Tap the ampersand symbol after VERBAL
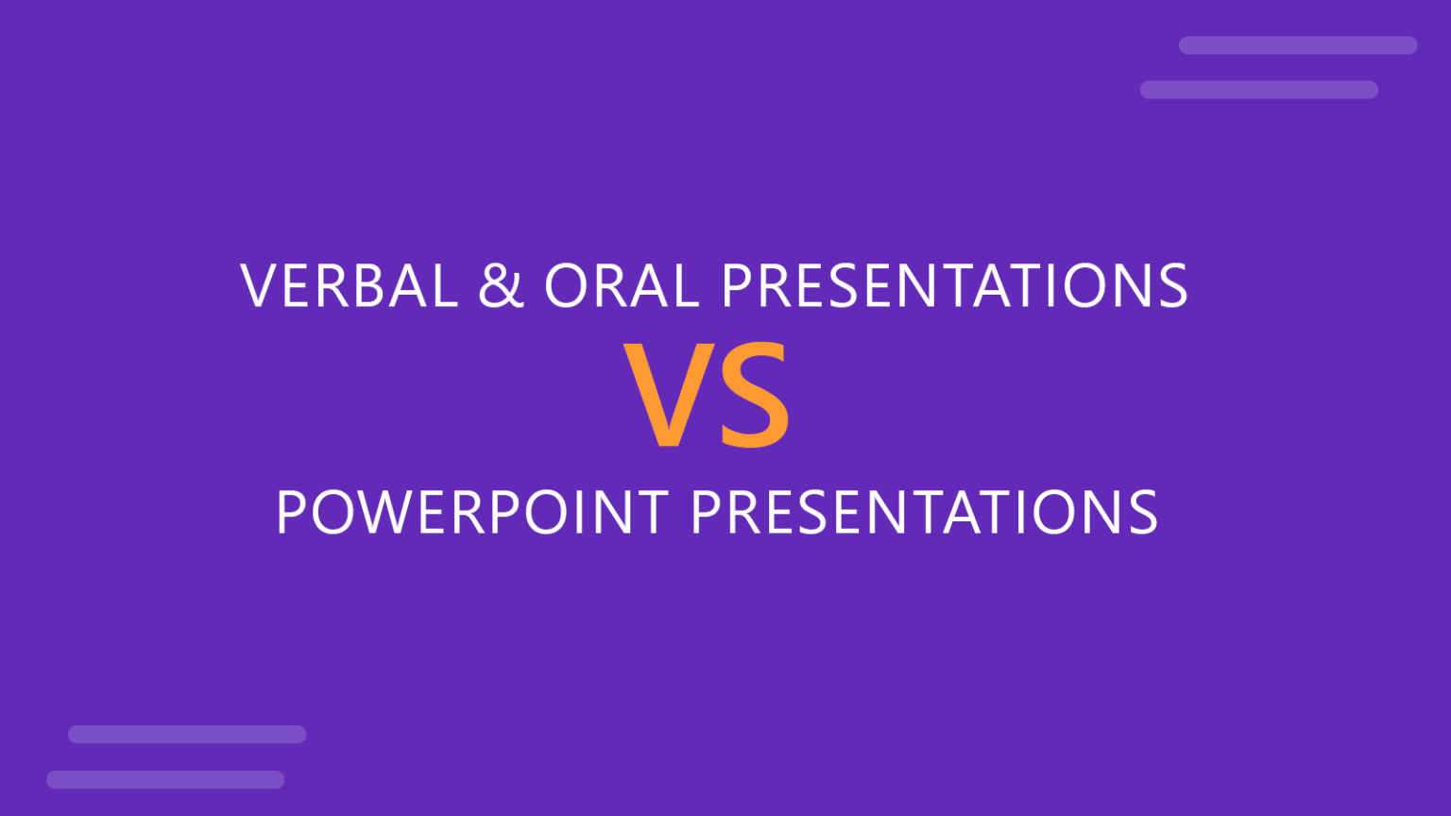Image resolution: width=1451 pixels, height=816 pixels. coord(501,285)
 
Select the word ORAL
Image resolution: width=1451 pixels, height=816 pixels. coord(621,285)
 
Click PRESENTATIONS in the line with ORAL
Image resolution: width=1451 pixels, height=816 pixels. coord(954,285)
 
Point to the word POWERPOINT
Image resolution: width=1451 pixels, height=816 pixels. coord(472,513)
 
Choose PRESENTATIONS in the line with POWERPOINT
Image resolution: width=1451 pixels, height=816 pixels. coord(924,513)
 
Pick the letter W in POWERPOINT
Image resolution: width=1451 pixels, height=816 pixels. coord(375,513)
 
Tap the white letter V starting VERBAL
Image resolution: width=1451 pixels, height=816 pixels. coord(259,285)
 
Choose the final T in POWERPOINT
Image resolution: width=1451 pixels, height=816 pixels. coord(650,513)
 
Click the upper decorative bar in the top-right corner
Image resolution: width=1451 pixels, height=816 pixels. coord(1297,45)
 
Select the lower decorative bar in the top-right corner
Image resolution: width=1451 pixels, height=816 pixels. coord(1258,90)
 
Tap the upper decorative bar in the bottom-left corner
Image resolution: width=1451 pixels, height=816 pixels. coord(187,735)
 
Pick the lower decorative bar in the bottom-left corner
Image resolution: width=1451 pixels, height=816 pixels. coord(165,779)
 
